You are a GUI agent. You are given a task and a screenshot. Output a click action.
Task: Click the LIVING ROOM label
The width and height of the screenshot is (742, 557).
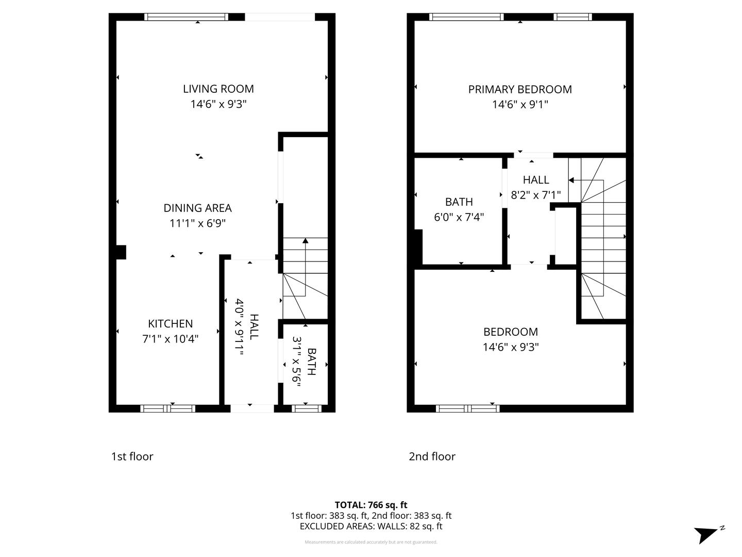[218, 89]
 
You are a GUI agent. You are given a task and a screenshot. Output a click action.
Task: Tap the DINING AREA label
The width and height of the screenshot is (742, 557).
[197, 208]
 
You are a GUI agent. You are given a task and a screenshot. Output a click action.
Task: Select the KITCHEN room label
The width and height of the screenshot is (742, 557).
[170, 324]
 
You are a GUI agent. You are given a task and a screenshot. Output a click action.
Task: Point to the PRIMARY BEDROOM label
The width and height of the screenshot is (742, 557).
[520, 89]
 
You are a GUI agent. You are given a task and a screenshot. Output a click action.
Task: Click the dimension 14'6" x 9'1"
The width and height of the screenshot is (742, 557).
[520, 105]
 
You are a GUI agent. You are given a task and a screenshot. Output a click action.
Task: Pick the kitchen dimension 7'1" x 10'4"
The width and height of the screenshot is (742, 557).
[170, 339]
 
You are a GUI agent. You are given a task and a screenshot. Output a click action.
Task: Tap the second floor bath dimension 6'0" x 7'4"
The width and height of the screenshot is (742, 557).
[459, 217]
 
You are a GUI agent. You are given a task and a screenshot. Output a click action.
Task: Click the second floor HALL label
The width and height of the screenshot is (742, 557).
[536, 180]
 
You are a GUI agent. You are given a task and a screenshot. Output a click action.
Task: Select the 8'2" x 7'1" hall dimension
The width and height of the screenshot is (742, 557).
[536, 195]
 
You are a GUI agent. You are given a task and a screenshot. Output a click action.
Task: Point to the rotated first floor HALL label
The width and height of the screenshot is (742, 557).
[254, 326]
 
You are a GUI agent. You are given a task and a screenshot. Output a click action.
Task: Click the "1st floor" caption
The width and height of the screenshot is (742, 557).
[132, 456]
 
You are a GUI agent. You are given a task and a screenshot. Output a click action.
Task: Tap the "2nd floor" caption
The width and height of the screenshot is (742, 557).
[432, 456]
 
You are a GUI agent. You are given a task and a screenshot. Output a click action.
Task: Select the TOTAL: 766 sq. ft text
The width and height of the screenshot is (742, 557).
[371, 505]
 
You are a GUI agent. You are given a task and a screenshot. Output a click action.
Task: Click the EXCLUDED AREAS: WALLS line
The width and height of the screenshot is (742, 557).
[371, 527]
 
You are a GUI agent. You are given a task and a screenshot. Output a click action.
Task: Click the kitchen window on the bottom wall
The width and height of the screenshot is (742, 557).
[168, 408]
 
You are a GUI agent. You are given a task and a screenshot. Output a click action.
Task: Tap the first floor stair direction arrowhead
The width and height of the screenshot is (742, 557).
[306, 240]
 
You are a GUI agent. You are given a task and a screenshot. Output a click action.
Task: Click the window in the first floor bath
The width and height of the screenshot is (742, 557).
[307, 408]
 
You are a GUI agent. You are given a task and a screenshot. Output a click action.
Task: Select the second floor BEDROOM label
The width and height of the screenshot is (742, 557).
[510, 332]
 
